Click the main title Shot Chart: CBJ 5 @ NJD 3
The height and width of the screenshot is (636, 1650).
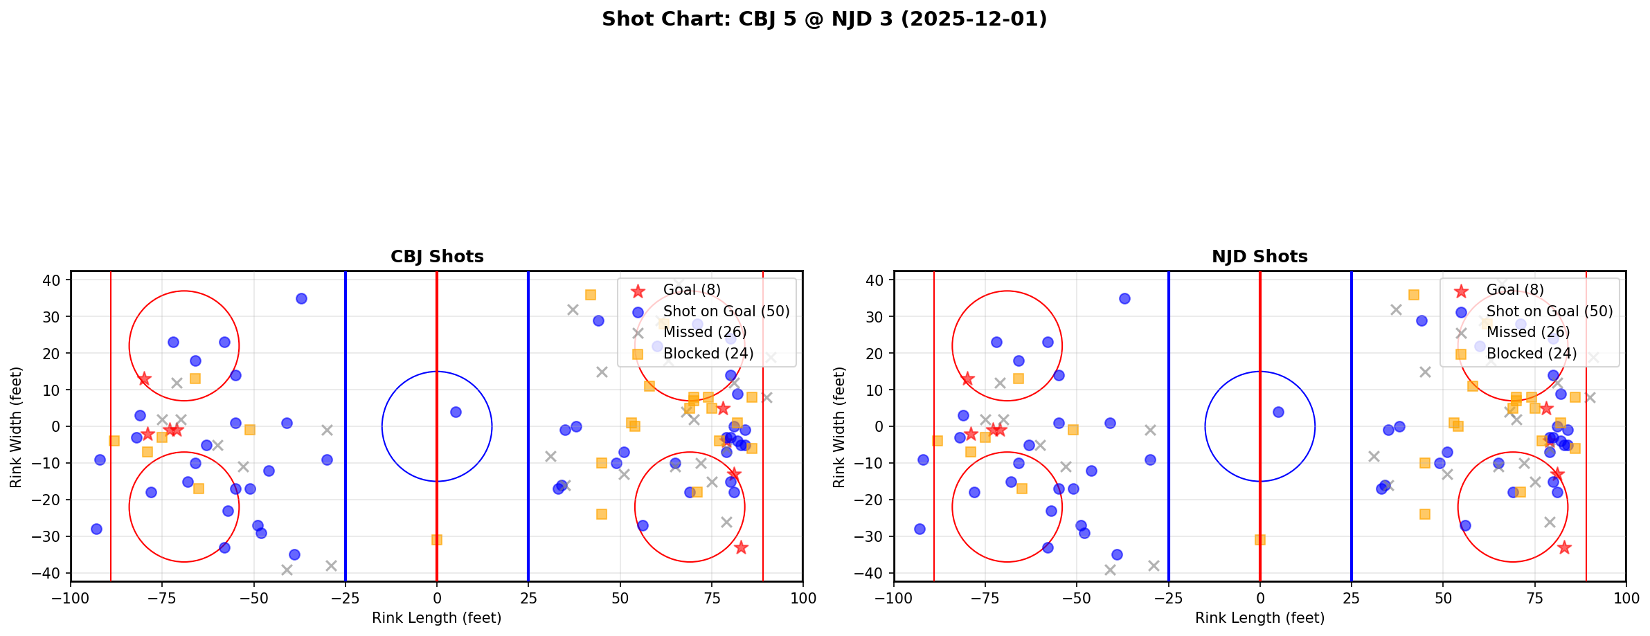click(x=824, y=19)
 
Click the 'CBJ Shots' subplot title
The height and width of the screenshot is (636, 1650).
click(x=437, y=257)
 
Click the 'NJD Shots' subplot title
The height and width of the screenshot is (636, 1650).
click(x=1259, y=257)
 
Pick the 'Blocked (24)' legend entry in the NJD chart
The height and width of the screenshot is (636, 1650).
click(x=1531, y=354)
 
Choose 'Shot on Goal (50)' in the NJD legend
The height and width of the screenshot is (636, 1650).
click(x=1549, y=311)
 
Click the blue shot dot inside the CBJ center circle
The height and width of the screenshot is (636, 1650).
click(x=456, y=412)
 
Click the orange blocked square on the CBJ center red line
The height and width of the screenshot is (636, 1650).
click(x=437, y=540)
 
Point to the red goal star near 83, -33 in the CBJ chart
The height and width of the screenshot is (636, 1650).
click(x=741, y=547)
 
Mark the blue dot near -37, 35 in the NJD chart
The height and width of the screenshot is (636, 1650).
click(x=1124, y=298)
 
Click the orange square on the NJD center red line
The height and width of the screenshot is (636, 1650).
click(x=1260, y=540)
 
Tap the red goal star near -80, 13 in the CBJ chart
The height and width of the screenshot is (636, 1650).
click(x=144, y=379)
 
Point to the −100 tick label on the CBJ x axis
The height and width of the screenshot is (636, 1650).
click(x=71, y=597)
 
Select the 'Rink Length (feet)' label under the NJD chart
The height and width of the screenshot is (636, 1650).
click(x=1259, y=618)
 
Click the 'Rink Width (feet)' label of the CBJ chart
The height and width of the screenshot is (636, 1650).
click(x=16, y=426)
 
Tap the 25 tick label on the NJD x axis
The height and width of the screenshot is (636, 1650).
click(x=1352, y=597)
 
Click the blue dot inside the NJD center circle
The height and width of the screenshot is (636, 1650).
click(x=1278, y=412)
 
